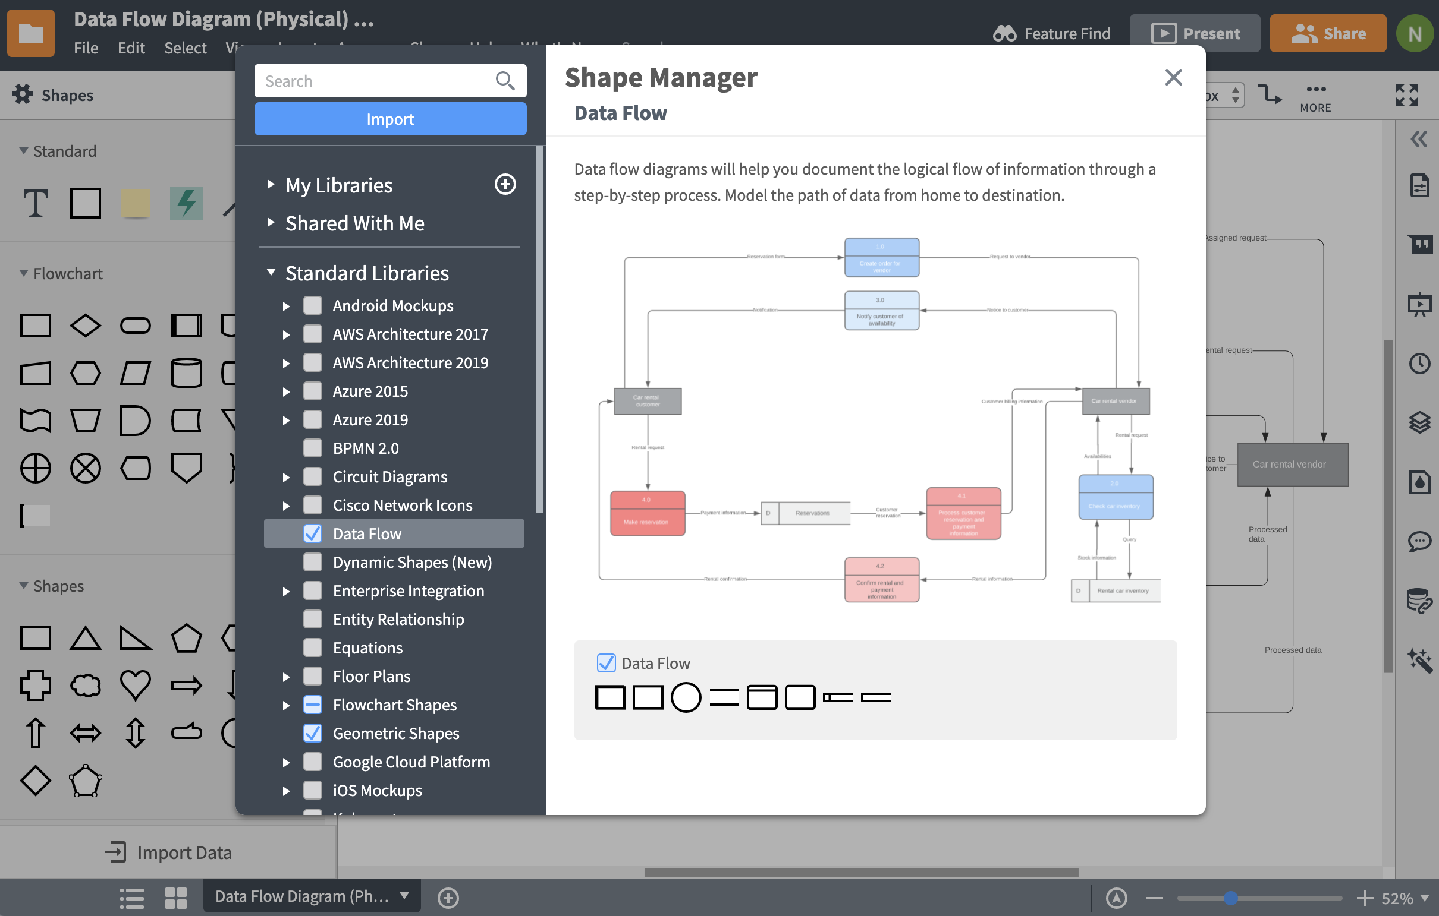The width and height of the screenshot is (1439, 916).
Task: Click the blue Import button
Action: pyautogui.click(x=389, y=119)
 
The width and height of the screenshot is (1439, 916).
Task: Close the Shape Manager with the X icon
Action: pyautogui.click(x=1173, y=77)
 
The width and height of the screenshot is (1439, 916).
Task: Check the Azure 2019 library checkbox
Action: pyautogui.click(x=313, y=420)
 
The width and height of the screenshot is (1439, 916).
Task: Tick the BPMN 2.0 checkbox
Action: pyautogui.click(x=313, y=448)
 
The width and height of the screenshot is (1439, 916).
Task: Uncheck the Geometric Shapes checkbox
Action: pyautogui.click(x=313, y=733)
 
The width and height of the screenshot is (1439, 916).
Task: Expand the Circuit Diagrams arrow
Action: pyautogui.click(x=286, y=477)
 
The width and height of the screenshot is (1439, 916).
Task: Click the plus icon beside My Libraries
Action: pyautogui.click(x=505, y=185)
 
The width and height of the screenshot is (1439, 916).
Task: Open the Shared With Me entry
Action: pyautogui.click(x=354, y=223)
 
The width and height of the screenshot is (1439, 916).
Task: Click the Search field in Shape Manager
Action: pyautogui.click(x=376, y=81)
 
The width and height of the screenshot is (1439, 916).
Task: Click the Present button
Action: pyautogui.click(x=1195, y=33)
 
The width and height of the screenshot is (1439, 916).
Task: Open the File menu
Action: pyautogui.click(x=86, y=48)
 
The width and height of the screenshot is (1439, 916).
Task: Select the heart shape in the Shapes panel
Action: pyautogui.click(x=135, y=685)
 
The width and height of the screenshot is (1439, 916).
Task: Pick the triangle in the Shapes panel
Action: pyautogui.click(x=86, y=638)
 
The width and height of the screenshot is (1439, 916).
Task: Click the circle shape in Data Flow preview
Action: pyautogui.click(x=686, y=697)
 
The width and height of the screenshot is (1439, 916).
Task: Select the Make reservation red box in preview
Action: pyautogui.click(x=647, y=513)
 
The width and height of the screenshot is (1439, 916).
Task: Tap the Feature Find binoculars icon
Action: pyautogui.click(x=1004, y=33)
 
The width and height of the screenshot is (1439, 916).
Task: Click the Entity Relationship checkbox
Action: pyautogui.click(x=313, y=619)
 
